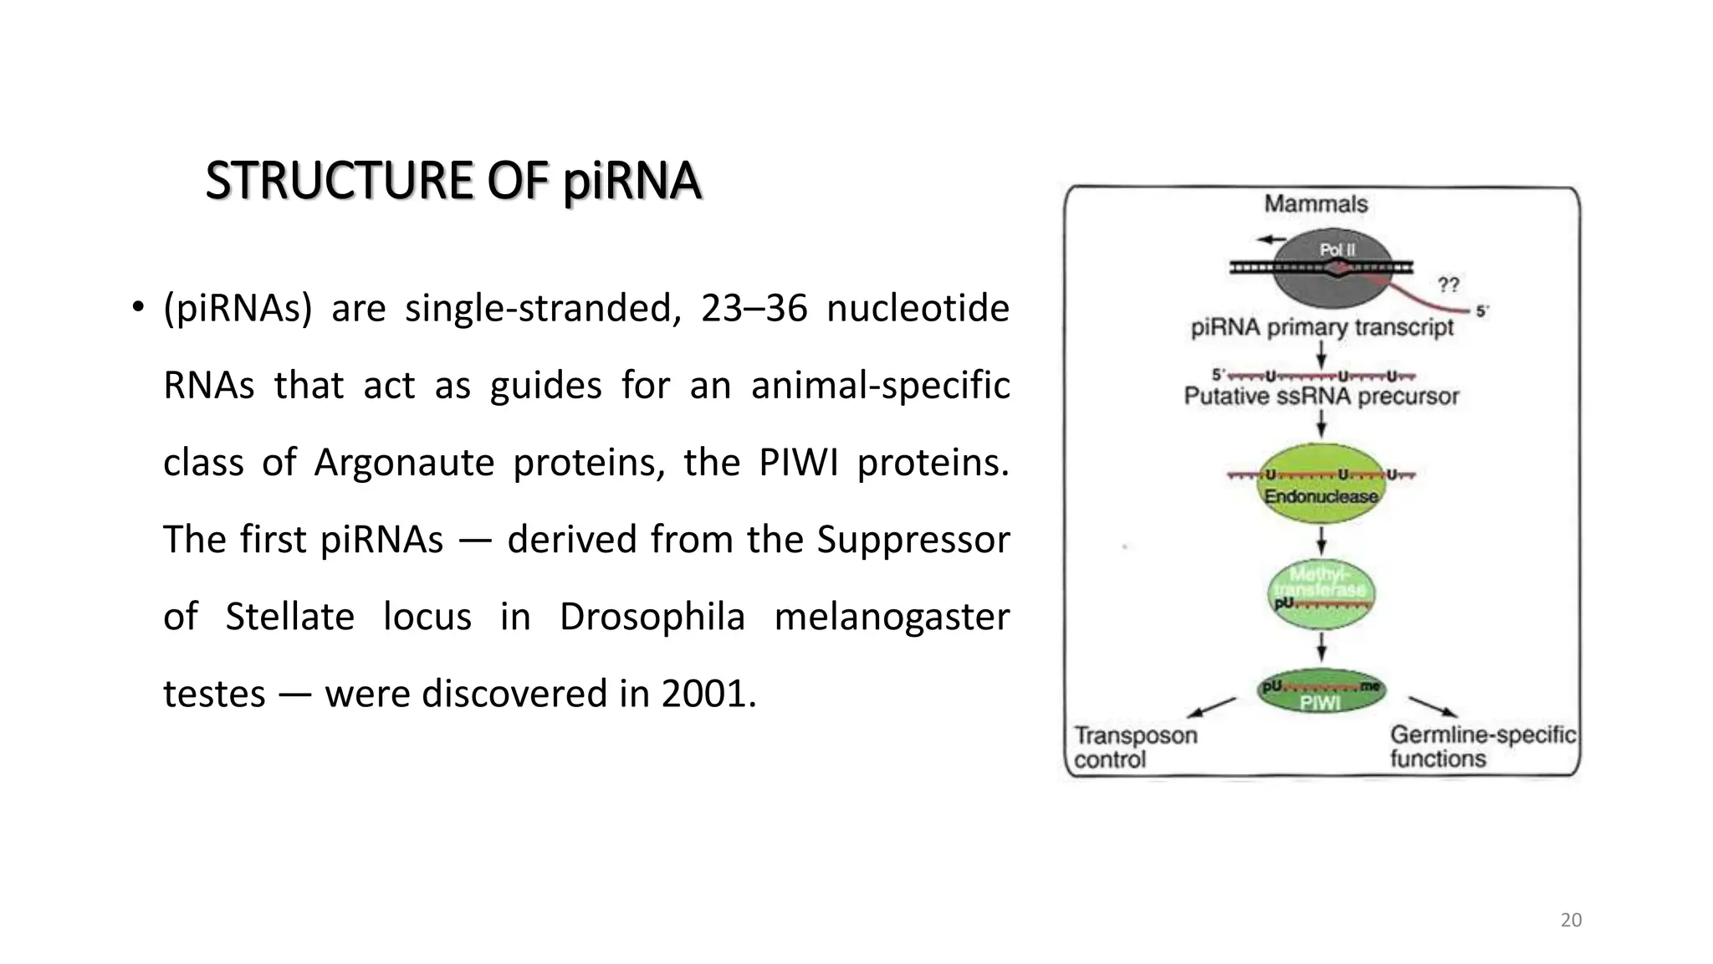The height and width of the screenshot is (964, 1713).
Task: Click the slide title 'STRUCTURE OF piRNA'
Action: (x=453, y=181)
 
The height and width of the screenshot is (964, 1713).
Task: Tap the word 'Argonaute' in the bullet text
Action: (x=404, y=463)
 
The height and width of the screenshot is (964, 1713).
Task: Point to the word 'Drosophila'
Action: (x=652, y=617)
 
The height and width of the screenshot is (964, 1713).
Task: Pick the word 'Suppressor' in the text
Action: (x=913, y=540)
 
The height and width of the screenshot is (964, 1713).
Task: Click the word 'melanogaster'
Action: (x=892, y=617)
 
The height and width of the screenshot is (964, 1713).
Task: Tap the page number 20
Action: (x=1571, y=920)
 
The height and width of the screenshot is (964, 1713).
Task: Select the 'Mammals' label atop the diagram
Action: (x=1316, y=204)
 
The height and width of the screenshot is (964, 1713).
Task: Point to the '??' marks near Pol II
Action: (x=1448, y=285)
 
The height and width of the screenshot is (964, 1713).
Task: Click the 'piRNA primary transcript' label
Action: (x=1322, y=327)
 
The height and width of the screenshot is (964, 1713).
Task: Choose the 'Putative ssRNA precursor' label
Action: (x=1321, y=396)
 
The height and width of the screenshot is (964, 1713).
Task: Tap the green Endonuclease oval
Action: (x=1321, y=486)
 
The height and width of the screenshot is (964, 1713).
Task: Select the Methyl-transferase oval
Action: (x=1321, y=593)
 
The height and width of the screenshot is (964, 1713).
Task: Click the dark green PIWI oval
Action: (x=1321, y=694)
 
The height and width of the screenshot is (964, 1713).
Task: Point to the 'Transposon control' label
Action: (x=1135, y=747)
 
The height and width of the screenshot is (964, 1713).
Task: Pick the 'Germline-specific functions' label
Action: (x=1481, y=746)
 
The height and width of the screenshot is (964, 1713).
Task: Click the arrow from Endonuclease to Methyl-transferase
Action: (x=1321, y=541)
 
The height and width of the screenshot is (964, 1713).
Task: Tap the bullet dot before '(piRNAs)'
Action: (x=138, y=308)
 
